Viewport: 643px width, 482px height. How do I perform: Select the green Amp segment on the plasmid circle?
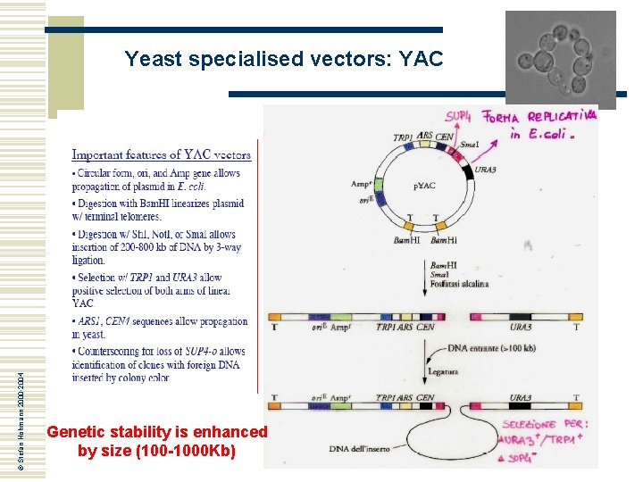(x=379, y=186)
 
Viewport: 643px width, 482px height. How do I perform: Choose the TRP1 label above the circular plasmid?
(x=403, y=137)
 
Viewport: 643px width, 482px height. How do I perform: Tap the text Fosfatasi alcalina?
(x=460, y=284)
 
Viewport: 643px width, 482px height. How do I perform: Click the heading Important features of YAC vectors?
(x=162, y=154)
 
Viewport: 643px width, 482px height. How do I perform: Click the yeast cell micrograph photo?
(x=560, y=54)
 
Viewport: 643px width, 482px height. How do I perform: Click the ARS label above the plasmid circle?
(x=425, y=135)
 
